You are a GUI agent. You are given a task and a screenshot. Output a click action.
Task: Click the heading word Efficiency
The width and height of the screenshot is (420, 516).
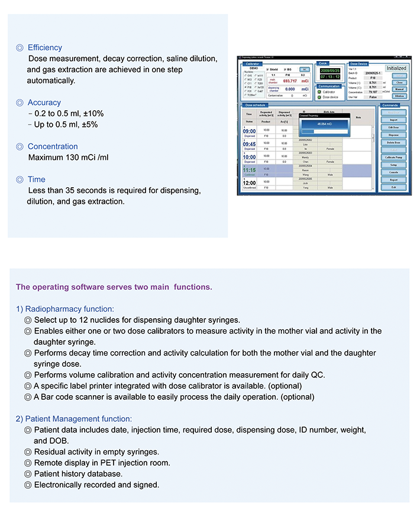(44, 47)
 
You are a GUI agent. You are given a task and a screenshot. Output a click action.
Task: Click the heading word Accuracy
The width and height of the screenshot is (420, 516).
(44, 102)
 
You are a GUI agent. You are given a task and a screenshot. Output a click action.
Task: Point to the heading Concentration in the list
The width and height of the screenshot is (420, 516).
(53, 146)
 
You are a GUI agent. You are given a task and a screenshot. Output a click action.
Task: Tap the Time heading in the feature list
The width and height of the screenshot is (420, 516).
(36, 179)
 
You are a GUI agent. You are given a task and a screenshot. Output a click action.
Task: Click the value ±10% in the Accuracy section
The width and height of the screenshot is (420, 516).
(93, 113)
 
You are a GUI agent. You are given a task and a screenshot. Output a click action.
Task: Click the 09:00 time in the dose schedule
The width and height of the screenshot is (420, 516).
(250, 132)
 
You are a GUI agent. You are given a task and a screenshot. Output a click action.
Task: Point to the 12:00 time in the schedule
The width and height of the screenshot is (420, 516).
(250, 183)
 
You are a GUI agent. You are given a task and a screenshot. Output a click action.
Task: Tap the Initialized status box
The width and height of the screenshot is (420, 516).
(396, 68)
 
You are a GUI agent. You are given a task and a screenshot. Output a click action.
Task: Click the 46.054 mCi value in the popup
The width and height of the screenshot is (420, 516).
(322, 124)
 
